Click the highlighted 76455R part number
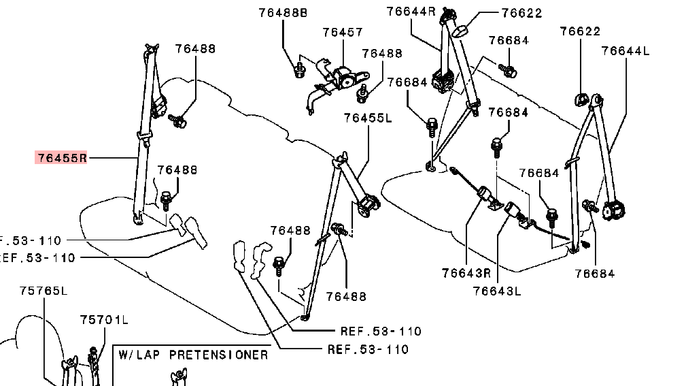coord(62,158)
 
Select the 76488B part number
coord(283,12)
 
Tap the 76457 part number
coord(342,32)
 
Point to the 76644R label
coord(411,11)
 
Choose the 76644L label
coord(625,50)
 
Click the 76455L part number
coord(368,117)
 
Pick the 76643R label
coord(466,273)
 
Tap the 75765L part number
coord(44,291)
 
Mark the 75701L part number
coord(104,319)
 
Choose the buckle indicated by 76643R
coord(487,195)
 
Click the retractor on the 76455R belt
coord(161,106)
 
